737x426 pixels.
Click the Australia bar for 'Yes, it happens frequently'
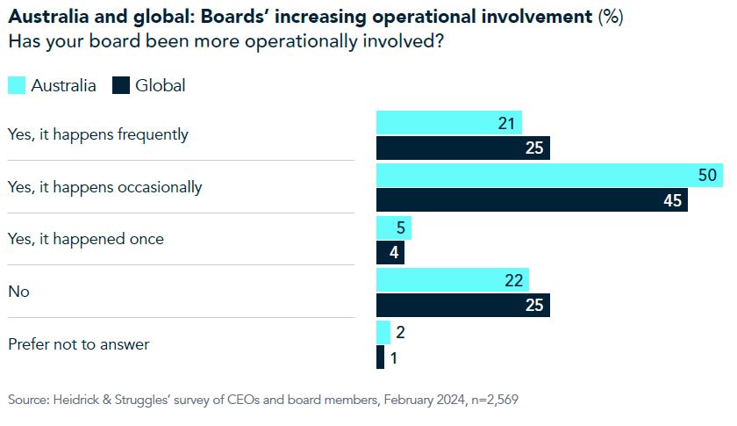point(448,123)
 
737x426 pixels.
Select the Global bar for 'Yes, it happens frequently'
point(462,148)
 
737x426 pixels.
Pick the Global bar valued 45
point(532,199)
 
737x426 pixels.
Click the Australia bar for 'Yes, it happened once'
point(393,227)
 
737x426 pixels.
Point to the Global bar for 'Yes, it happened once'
point(390,252)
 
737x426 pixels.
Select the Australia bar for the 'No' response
point(452,280)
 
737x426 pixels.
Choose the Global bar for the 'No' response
point(462,305)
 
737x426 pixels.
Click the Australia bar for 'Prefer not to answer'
point(383,332)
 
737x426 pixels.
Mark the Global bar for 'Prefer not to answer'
point(380,357)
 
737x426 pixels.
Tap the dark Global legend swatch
point(120,85)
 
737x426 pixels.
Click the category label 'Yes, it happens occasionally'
point(104,187)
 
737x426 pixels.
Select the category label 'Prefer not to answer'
point(78,344)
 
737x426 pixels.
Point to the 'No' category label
point(18,292)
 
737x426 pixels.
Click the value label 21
point(505,123)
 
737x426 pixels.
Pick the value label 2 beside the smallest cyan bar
point(401,332)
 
